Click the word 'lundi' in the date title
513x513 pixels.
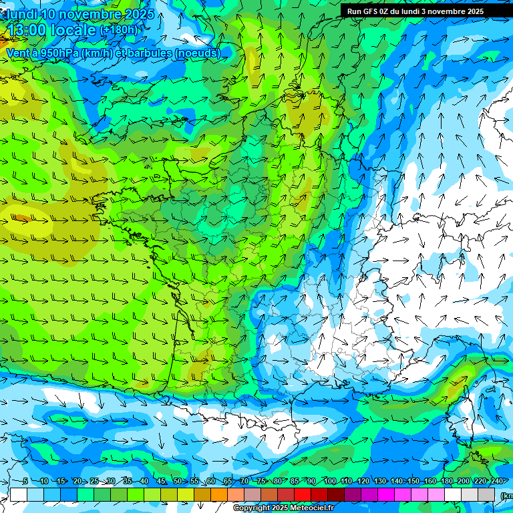[x=21, y=14]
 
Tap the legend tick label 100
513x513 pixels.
[x=329, y=481]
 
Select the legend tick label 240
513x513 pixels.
[x=496, y=481]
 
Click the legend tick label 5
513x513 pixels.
[x=25, y=481]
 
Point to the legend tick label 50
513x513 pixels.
[x=177, y=481]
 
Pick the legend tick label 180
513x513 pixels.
[x=446, y=481]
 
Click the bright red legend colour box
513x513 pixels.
[x=303, y=494]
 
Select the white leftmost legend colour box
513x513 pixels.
[x=19, y=494]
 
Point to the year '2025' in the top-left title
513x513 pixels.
[x=139, y=14]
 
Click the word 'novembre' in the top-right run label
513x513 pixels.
[x=449, y=11]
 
